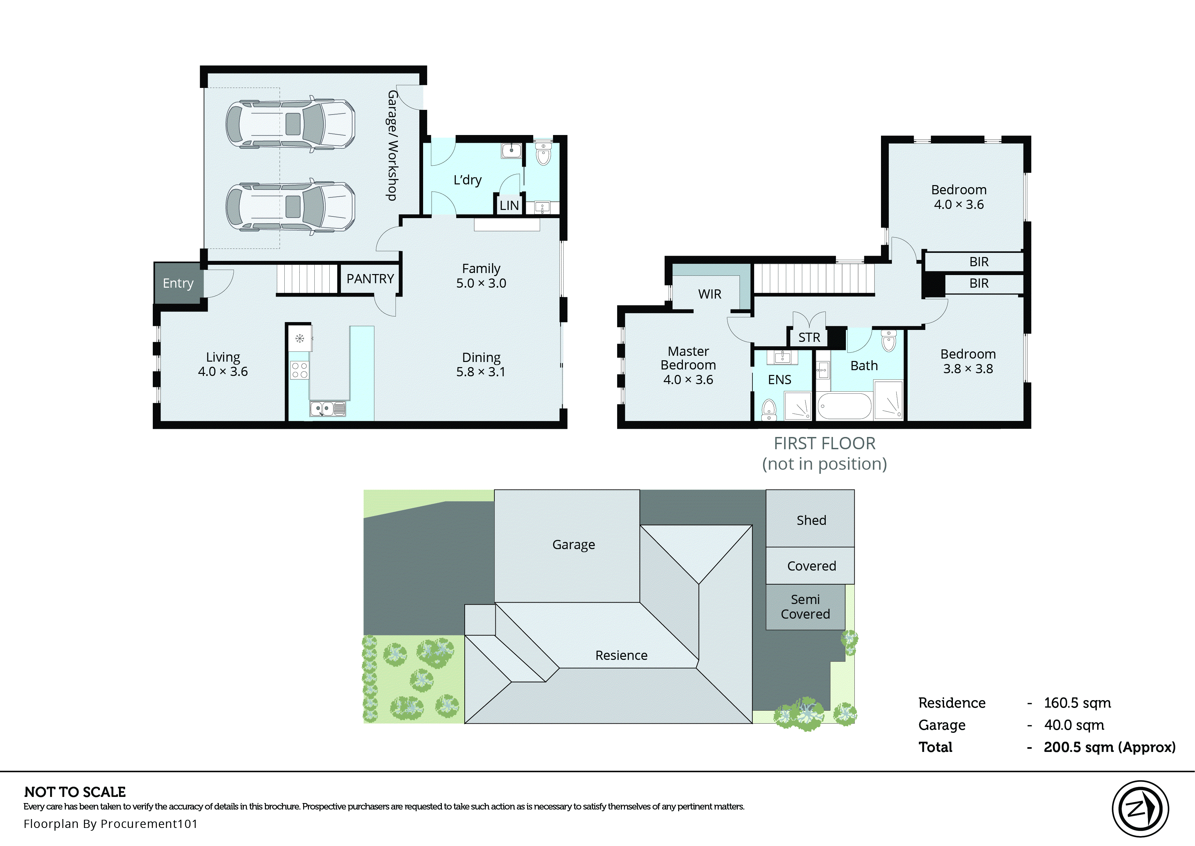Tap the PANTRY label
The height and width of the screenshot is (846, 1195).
pos(370,279)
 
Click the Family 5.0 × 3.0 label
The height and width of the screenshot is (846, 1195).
pos(481,275)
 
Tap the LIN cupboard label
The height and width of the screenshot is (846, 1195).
pos(509,205)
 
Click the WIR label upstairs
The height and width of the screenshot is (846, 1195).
pos(709,294)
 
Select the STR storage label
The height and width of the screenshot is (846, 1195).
pos(809,337)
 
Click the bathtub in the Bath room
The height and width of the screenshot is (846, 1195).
pos(844,406)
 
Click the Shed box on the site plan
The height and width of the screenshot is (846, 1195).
pos(810,519)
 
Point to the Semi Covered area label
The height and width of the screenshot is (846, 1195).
pos(805,607)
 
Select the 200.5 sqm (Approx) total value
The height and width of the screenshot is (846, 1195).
pos(1109,747)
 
